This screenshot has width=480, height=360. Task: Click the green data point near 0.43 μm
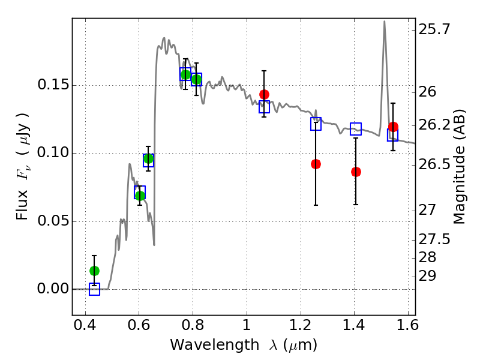[x=94, y=271]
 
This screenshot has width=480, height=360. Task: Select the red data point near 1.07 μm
[x=264, y=94]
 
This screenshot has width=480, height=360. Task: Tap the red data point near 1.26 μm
[x=316, y=164]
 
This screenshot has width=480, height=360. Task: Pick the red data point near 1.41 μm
[x=356, y=172]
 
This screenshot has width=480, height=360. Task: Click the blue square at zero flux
[x=94, y=289]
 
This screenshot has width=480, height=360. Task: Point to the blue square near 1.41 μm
[x=356, y=128]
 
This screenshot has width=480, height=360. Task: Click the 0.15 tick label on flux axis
[x=52, y=85]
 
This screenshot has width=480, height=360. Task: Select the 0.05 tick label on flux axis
[x=52, y=221]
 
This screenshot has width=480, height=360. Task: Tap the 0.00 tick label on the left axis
[x=52, y=289]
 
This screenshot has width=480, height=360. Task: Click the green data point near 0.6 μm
[x=140, y=195]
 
